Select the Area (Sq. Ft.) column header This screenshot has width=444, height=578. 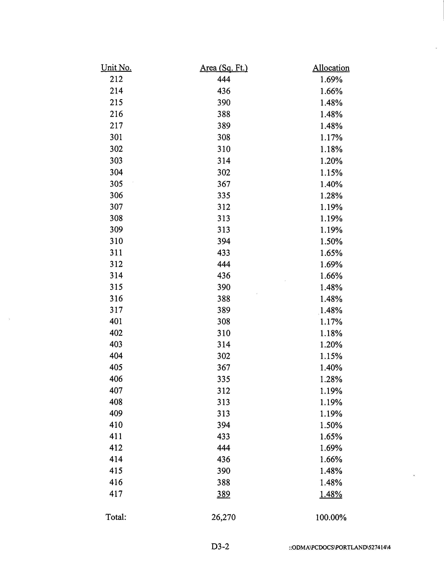[x=224, y=68]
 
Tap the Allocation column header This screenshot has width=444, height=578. [x=331, y=68]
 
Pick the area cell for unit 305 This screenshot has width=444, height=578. [x=224, y=184]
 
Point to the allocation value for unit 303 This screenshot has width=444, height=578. [x=331, y=161]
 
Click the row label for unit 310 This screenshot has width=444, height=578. [x=116, y=241]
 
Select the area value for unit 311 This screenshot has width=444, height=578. [x=224, y=253]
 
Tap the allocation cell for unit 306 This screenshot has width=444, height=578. [x=331, y=196]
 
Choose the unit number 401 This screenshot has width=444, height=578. [x=116, y=321]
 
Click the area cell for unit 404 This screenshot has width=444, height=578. [x=224, y=356]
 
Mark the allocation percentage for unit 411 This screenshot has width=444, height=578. [x=331, y=437]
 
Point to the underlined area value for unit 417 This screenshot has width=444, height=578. [x=224, y=494]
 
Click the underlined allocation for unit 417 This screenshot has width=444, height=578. [x=331, y=494]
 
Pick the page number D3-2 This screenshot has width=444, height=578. [x=220, y=546]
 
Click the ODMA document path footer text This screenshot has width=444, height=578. [x=340, y=547]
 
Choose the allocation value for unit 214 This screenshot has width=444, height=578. [x=331, y=91]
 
